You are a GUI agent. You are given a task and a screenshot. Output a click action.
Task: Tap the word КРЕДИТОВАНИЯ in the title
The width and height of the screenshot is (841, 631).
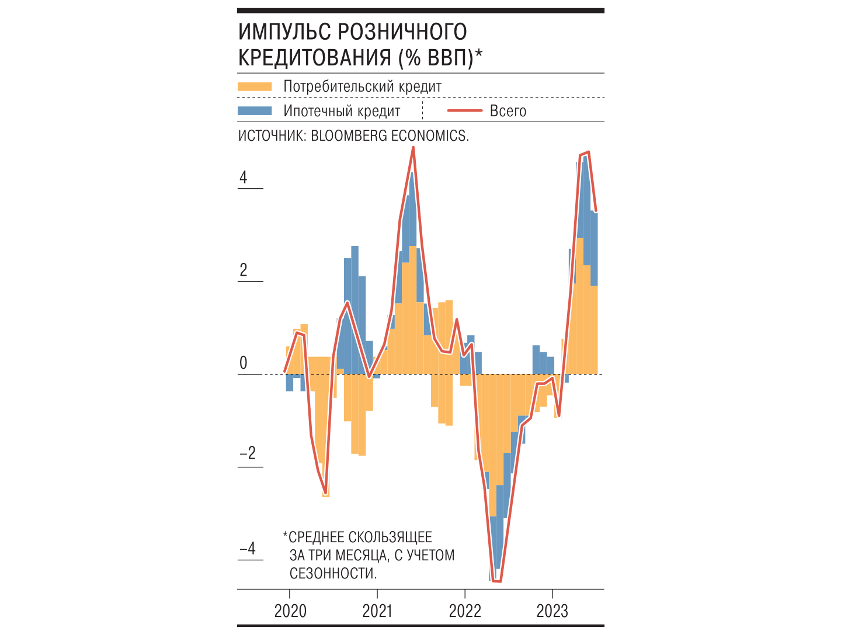[x=315, y=58]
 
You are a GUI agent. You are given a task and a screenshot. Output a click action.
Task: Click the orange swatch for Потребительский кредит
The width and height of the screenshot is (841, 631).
[x=255, y=86]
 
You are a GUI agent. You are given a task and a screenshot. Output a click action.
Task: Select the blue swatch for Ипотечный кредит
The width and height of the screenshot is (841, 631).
[x=255, y=111]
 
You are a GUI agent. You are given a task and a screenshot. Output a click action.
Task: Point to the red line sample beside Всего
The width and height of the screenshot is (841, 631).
[x=464, y=111]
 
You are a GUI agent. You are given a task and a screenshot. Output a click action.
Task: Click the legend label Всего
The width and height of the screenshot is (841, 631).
[x=508, y=111]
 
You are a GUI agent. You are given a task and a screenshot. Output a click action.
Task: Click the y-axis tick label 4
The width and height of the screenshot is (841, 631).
[x=244, y=178]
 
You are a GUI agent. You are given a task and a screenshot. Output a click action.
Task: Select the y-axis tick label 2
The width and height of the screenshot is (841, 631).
[x=244, y=270]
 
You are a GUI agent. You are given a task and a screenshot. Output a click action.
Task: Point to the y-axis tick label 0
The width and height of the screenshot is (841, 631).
[x=244, y=363]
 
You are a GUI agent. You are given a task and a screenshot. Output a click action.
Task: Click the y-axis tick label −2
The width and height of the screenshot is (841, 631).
[x=248, y=454]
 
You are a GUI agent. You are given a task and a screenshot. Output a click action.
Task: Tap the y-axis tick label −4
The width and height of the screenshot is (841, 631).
[x=248, y=548]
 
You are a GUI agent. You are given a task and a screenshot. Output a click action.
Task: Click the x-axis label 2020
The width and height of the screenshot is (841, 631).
[x=290, y=611]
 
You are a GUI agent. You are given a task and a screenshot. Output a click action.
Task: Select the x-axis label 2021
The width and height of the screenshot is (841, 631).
[x=377, y=611]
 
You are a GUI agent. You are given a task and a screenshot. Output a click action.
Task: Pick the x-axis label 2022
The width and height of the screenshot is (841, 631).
[x=465, y=611]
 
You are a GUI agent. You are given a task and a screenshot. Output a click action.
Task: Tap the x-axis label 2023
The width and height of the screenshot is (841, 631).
[x=552, y=611]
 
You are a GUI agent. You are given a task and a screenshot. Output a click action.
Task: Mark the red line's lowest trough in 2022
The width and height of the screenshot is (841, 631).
[x=497, y=581]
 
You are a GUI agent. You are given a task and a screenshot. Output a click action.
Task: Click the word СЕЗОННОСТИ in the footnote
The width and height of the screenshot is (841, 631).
[x=333, y=573]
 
